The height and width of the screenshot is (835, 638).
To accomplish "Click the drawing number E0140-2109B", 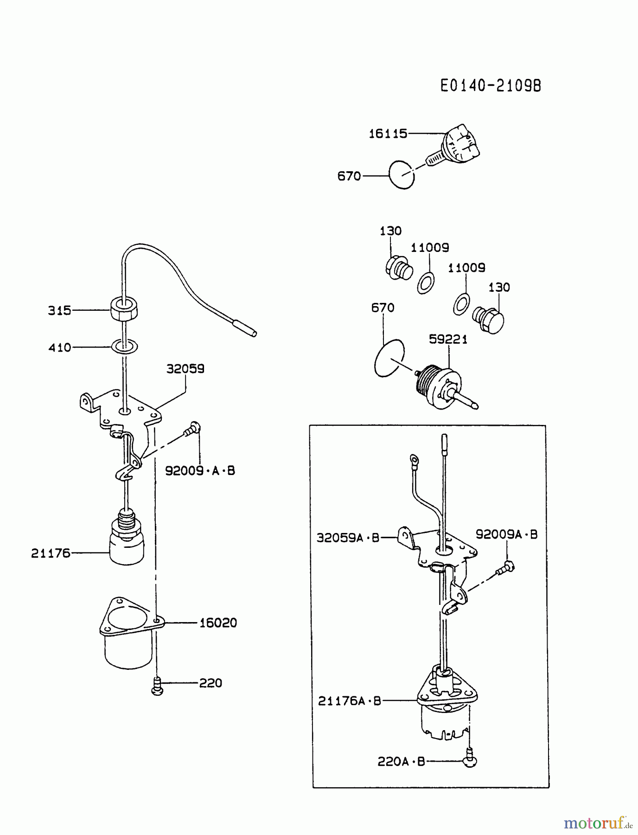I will (x=491, y=86).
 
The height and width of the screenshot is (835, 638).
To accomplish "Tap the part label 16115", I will (x=388, y=134).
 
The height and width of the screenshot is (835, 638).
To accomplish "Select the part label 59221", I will (x=448, y=339).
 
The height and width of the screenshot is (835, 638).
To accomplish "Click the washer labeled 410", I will (x=124, y=346).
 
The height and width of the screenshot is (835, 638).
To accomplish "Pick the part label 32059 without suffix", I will (x=185, y=369).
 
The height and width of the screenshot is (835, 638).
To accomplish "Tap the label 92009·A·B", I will (x=200, y=470).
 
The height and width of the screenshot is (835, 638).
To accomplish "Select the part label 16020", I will (x=218, y=623).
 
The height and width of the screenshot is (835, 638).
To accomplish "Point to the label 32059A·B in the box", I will (x=348, y=538).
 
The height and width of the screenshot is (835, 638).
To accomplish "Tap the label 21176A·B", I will (x=349, y=700).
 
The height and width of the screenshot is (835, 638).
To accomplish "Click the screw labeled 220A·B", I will (x=470, y=760).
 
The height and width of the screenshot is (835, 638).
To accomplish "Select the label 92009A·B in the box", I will (x=506, y=534).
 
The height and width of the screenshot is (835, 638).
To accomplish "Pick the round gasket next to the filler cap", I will (x=401, y=174).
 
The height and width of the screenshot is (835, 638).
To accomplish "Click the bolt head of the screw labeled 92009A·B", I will (x=509, y=565).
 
